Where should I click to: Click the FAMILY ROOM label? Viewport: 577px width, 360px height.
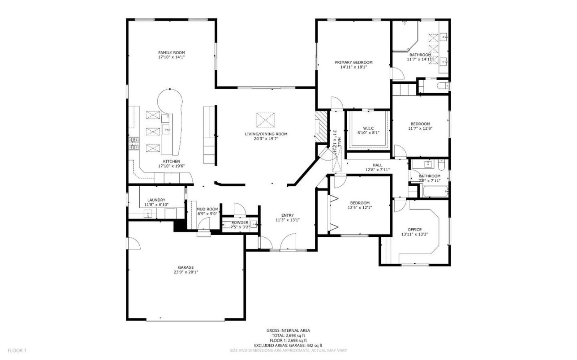[171, 52]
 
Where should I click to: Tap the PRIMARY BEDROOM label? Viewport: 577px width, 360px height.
[353, 62]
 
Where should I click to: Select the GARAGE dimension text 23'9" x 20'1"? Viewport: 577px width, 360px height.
[186, 272]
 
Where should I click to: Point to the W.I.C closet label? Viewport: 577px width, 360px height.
[368, 128]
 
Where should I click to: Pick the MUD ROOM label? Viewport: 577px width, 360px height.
[207, 209]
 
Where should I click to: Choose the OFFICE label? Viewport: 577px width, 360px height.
[414, 230]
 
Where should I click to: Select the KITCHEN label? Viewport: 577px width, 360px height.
[171, 161]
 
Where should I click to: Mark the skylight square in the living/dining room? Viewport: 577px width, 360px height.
[265, 120]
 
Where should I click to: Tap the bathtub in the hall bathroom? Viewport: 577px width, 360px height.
[433, 192]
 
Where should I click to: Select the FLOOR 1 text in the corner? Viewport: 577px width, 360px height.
[17, 351]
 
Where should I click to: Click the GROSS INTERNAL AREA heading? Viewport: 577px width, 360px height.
[288, 330]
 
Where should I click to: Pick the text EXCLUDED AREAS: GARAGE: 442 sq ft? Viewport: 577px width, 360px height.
[288, 345]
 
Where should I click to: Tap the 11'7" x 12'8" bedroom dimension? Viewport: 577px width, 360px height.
[420, 129]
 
